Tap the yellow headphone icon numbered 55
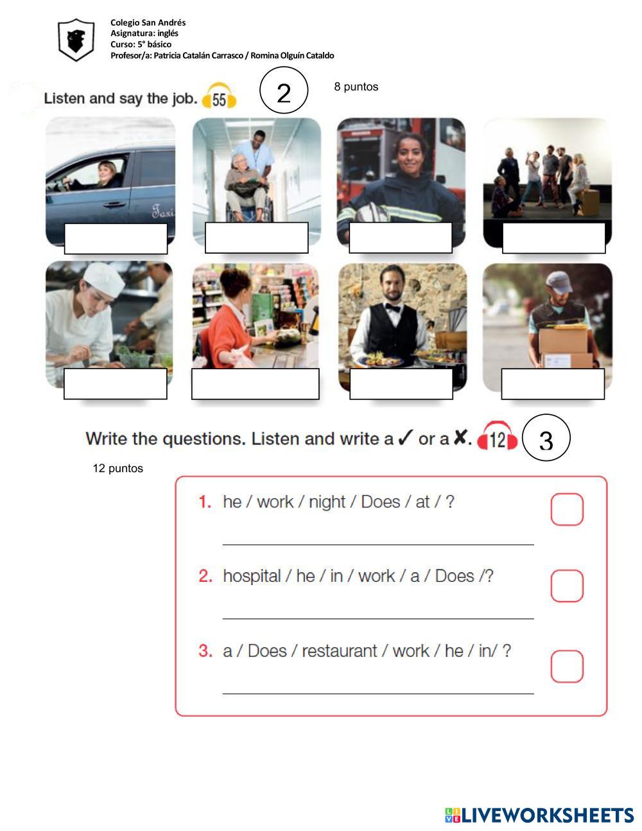(x=219, y=96)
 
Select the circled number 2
(x=284, y=90)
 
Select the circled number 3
(x=546, y=437)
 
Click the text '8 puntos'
(x=356, y=87)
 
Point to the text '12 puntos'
(x=117, y=468)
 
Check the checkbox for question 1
(x=567, y=509)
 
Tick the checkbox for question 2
(x=567, y=586)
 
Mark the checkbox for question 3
(x=567, y=666)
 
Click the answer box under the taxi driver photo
(x=116, y=238)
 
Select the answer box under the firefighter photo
(x=401, y=238)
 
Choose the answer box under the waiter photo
(x=401, y=383)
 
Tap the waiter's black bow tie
(x=392, y=308)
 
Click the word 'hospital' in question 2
(x=252, y=576)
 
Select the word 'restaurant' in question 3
(x=340, y=651)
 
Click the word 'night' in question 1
(x=327, y=502)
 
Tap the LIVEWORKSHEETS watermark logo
(x=539, y=815)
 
